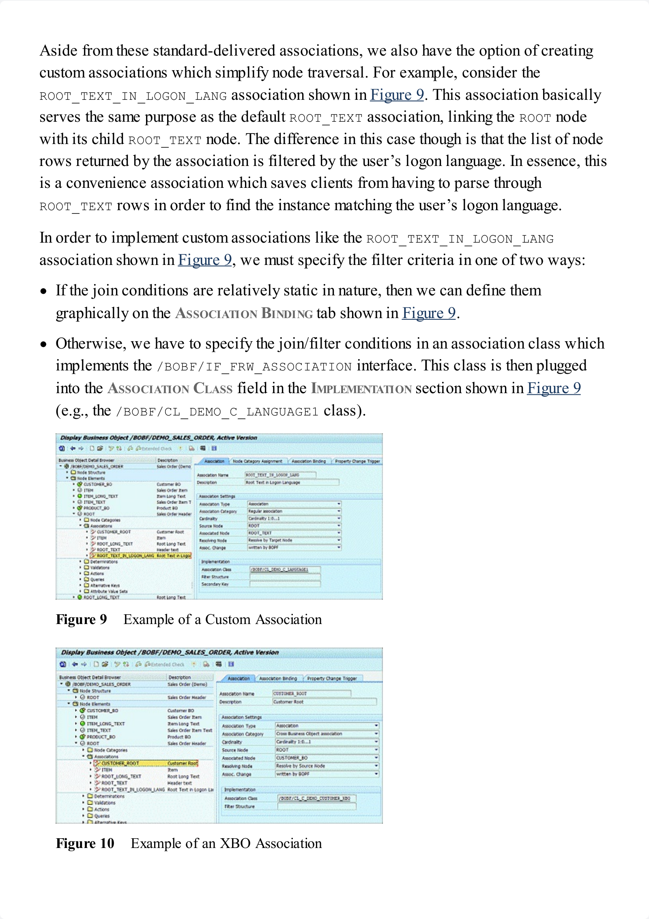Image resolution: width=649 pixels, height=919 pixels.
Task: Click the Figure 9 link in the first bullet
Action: [x=429, y=313]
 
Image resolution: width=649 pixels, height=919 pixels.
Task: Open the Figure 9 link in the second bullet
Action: [x=554, y=388]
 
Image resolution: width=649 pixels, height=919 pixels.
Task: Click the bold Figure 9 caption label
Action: [x=81, y=620]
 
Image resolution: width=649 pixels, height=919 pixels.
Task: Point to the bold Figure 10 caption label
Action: [x=85, y=844]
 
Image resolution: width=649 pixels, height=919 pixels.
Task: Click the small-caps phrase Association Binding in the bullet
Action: [x=244, y=314]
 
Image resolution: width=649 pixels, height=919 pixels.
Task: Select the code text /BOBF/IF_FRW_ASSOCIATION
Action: [x=254, y=367]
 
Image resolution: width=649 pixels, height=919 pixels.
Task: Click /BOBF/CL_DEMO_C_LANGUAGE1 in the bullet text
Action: [x=217, y=412]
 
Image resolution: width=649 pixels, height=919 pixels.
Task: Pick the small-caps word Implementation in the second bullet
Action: [x=361, y=389]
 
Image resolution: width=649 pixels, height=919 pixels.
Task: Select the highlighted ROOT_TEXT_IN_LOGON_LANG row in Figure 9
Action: [x=140, y=555]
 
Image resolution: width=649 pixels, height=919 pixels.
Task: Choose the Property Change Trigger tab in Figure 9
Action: [x=357, y=461]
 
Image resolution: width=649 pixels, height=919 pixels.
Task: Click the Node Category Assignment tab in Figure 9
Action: [x=258, y=461]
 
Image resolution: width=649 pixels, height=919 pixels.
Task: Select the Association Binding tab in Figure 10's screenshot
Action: [x=278, y=678]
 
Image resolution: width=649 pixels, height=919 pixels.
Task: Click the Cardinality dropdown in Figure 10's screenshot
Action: [x=327, y=742]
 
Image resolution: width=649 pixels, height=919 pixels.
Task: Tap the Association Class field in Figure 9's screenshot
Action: [x=285, y=570]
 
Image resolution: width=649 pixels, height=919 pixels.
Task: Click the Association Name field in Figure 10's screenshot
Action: [x=311, y=694]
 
